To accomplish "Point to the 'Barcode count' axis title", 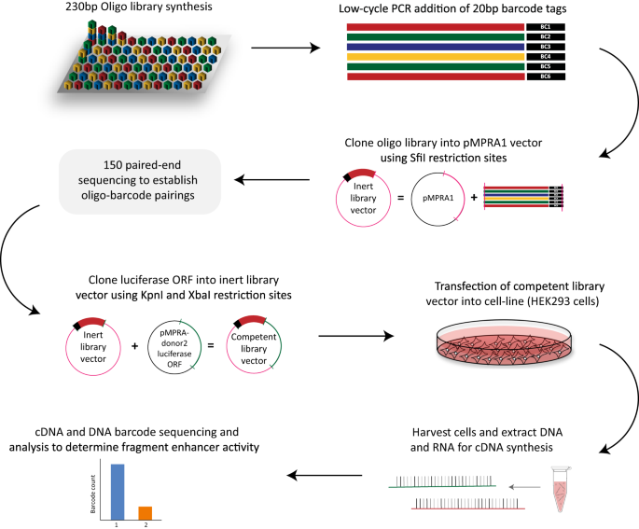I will point(94,494).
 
